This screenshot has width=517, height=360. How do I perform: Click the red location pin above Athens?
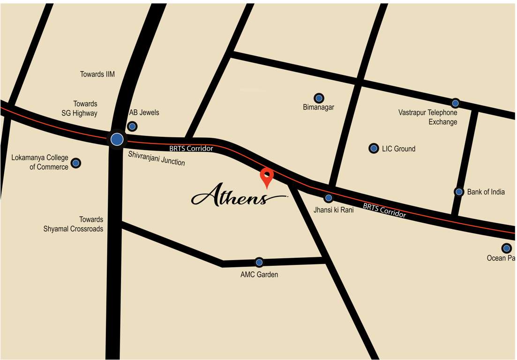coord(267,177)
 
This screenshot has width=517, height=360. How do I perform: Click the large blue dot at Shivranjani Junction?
coord(117,139)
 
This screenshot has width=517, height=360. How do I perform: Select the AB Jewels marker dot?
coord(133,126)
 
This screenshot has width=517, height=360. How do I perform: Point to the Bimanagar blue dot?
coord(319,98)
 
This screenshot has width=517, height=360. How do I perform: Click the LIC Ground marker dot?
coord(374,148)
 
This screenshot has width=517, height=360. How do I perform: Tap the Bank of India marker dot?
coord(459,191)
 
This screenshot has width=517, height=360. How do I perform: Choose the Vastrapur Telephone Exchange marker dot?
coord(455,103)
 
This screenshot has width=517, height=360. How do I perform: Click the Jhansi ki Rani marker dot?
coord(329,198)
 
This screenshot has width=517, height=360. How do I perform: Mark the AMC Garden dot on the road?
coord(259,262)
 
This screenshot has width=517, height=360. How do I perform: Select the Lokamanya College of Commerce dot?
coord(76,163)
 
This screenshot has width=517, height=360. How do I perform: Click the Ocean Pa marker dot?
coord(506,248)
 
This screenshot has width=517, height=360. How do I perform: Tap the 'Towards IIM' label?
coord(97,74)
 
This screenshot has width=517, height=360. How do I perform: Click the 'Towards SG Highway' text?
coord(80,108)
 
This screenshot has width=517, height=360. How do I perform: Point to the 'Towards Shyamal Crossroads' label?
coord(74,224)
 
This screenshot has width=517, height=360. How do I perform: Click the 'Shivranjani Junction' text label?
coord(157,158)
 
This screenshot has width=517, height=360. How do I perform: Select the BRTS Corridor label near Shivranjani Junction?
coord(191,148)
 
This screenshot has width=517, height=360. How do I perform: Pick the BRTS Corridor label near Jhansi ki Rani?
coord(384,210)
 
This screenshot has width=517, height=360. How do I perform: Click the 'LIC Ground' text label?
coord(398,149)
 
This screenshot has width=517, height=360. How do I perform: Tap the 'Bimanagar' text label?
coord(319,107)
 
